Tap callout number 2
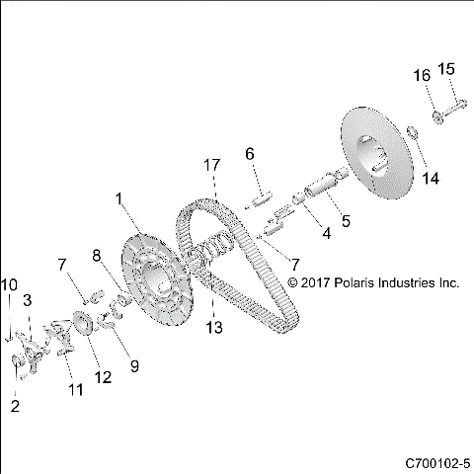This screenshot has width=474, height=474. [15, 405]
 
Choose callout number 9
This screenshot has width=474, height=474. [135, 365]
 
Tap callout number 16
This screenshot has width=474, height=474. [421, 75]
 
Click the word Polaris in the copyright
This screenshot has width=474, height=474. [362, 282]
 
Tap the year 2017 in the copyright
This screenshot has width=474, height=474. [318, 282]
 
